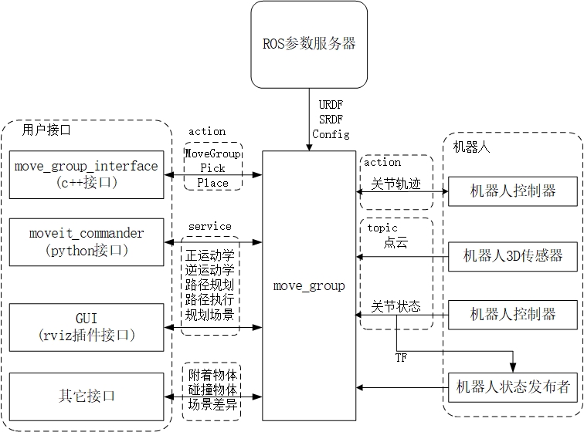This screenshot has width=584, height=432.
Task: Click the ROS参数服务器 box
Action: (x=309, y=43)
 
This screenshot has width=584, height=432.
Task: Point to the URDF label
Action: (x=331, y=103)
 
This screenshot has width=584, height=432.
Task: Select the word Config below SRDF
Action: (x=331, y=134)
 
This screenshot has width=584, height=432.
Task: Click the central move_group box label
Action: (x=309, y=286)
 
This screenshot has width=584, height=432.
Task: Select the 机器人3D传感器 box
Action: (x=513, y=256)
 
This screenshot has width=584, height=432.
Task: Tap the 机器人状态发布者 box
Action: (x=513, y=386)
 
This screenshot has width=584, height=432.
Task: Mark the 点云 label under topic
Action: (x=396, y=243)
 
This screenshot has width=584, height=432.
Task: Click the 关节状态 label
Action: (x=396, y=306)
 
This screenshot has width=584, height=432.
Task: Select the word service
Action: (x=209, y=226)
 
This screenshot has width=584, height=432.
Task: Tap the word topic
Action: (x=382, y=228)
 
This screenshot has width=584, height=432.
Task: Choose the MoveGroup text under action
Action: (x=213, y=154)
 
